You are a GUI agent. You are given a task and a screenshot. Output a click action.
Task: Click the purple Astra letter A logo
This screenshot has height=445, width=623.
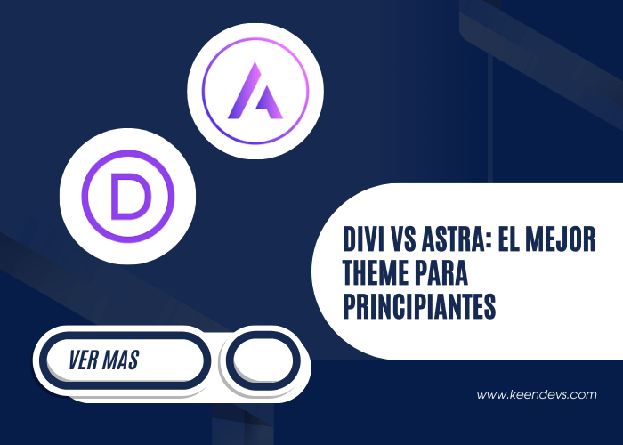coord(255,92)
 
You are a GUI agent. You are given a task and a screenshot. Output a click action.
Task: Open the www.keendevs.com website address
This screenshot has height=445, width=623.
coord(536,394)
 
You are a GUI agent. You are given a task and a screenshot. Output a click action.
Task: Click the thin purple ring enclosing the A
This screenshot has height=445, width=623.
coord(255,38)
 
